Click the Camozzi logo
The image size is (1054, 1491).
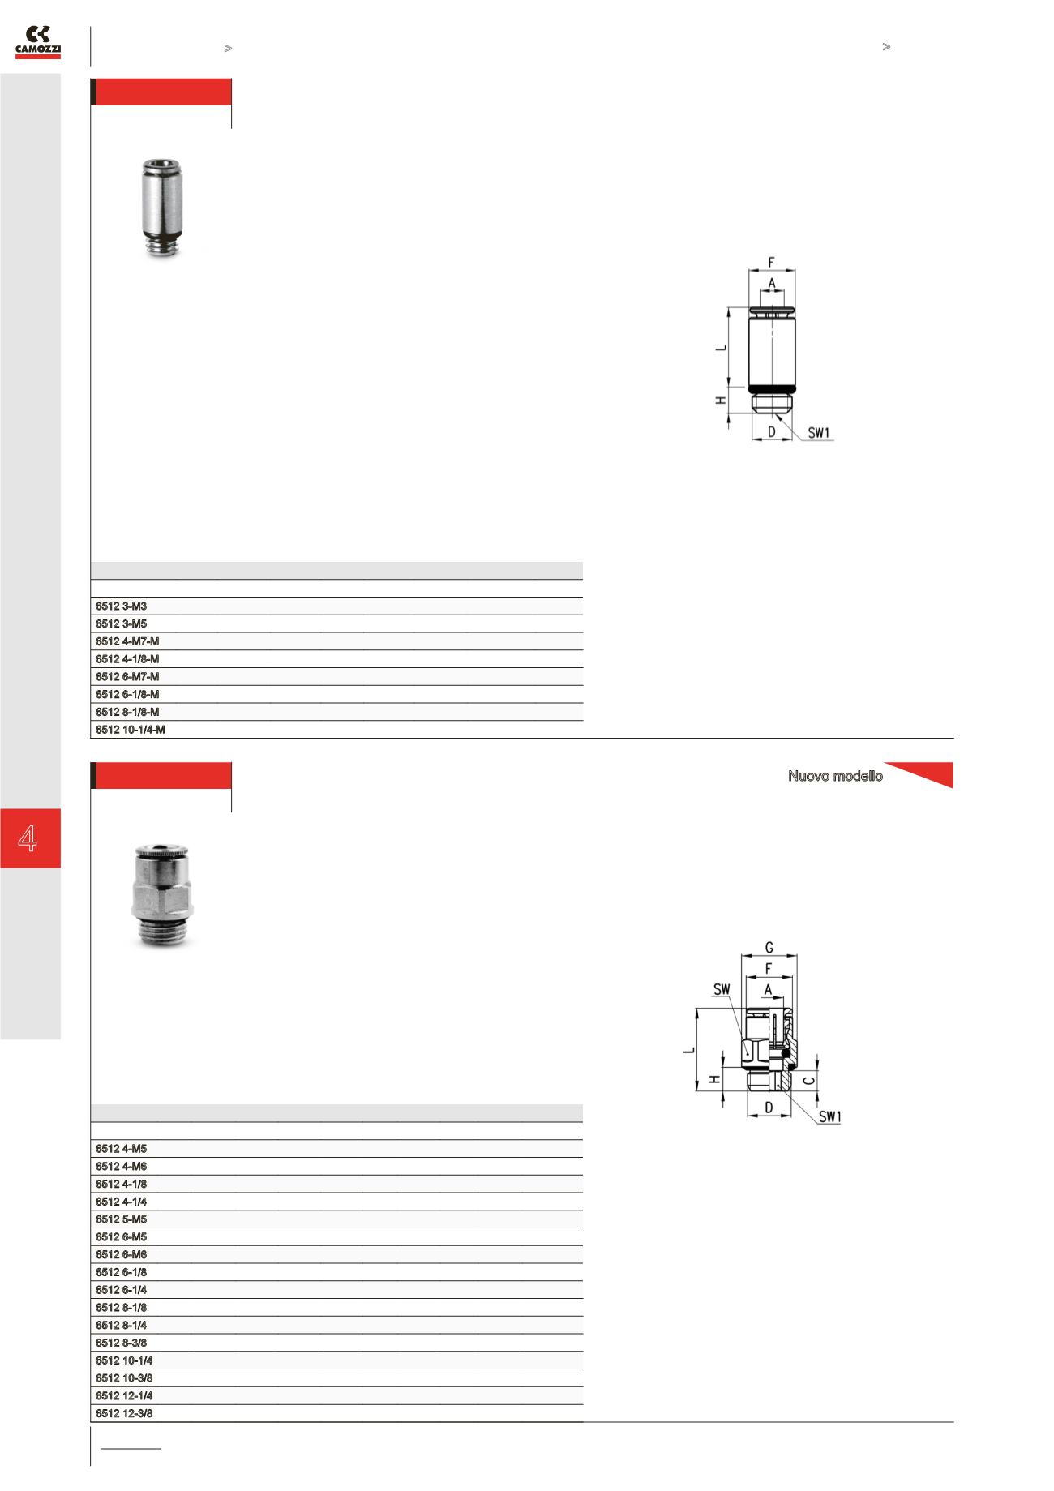pos(38,43)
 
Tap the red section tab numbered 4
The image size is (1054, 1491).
pos(30,838)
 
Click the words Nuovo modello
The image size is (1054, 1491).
pos(835,777)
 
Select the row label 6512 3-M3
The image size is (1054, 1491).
pos(121,606)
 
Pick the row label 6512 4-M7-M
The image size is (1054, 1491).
pos(127,641)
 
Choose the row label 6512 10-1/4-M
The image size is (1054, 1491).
pos(131,730)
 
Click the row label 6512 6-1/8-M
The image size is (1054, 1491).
pos(127,694)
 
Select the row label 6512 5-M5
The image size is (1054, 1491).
pos(121,1219)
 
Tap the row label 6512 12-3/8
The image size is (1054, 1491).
pos(124,1413)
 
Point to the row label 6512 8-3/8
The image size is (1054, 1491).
pos(121,1343)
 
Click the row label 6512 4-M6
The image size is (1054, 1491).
pos(121,1167)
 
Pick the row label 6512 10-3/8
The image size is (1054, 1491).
pos(124,1378)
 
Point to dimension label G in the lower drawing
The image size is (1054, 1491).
pos(769,947)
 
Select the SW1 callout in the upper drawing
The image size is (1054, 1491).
pos(820,433)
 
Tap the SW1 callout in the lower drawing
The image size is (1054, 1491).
pos(829,1117)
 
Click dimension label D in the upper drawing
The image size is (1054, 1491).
pos(772,432)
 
